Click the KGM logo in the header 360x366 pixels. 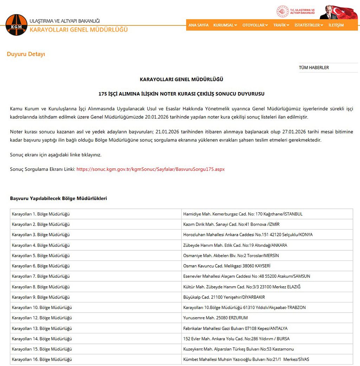[x=16, y=25]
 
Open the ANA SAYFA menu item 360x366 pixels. [x=198, y=25]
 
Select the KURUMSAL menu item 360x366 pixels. [x=225, y=25]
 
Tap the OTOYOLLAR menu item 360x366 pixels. [x=255, y=25]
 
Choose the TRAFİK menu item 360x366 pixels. [x=281, y=25]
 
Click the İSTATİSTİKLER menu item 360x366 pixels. [x=309, y=25]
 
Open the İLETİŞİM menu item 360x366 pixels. [x=336, y=25]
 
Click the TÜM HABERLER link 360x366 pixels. [x=314, y=68]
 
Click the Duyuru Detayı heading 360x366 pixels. [x=26, y=54]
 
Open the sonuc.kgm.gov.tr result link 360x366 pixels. [x=150, y=169]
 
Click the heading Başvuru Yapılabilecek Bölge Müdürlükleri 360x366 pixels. [x=58, y=198]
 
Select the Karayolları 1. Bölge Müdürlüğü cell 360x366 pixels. [x=41, y=214]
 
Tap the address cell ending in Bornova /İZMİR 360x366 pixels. [x=231, y=224]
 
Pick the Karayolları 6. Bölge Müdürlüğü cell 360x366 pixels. [x=41, y=266]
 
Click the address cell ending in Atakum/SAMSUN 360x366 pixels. [x=246, y=276]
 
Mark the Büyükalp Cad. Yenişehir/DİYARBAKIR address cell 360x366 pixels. [x=224, y=297]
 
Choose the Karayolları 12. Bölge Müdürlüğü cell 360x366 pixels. [x=42, y=318]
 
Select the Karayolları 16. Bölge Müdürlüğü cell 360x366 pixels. [x=42, y=359]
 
